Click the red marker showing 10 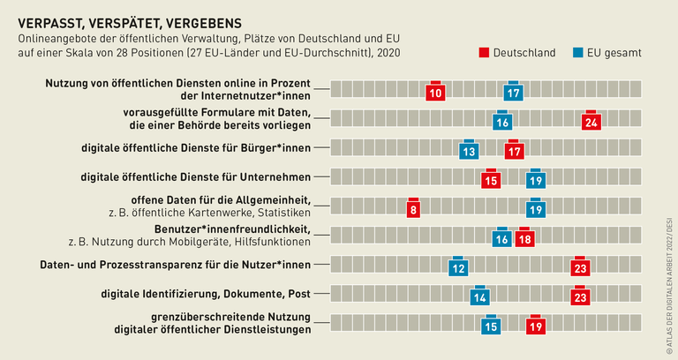434,93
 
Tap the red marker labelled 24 591,122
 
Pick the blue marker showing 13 470,151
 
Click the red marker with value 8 412,209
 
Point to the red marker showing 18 524,238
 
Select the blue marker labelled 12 458,267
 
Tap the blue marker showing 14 480,296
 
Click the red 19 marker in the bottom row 535,326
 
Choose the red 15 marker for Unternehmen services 492,180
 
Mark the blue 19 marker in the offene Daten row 535,209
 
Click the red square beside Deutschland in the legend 485,53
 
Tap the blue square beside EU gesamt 580,53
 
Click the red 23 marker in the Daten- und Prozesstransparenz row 580,267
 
